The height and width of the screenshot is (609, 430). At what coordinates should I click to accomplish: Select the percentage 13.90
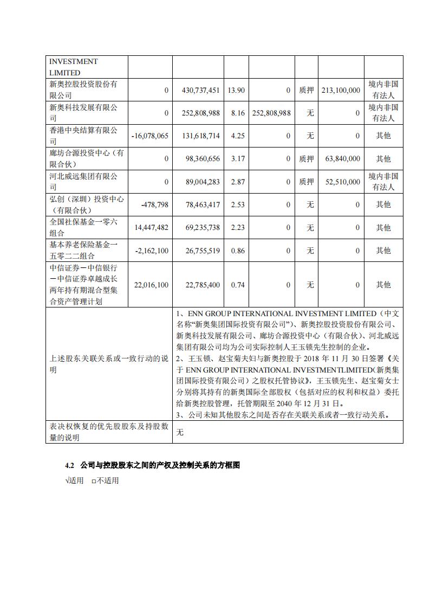(x=237, y=90)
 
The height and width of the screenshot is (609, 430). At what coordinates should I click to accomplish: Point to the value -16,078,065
(x=150, y=136)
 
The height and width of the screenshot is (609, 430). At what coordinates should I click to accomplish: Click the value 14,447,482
(x=150, y=228)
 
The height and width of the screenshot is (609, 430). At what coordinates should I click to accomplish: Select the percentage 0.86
(x=237, y=251)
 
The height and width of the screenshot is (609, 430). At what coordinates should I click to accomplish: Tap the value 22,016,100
(x=150, y=285)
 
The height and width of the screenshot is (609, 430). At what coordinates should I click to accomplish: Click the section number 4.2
(x=69, y=465)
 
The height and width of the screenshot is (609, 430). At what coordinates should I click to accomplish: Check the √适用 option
(x=74, y=480)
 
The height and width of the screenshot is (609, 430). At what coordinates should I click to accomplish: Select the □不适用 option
(x=105, y=480)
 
